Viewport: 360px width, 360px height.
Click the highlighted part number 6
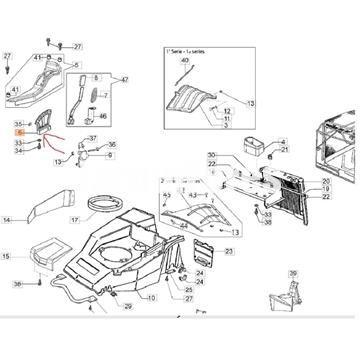point(18,132)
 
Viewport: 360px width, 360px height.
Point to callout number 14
point(7,219)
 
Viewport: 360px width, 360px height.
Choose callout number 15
point(7,257)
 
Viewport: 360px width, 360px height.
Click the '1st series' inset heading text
point(182,49)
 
